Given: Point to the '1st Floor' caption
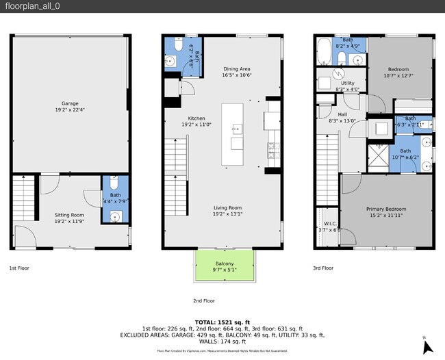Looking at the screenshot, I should [19, 268].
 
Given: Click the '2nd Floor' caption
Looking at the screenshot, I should [204, 300].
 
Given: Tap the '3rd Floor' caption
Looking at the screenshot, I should [323, 268].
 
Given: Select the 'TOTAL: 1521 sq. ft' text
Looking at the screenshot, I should [222, 322].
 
